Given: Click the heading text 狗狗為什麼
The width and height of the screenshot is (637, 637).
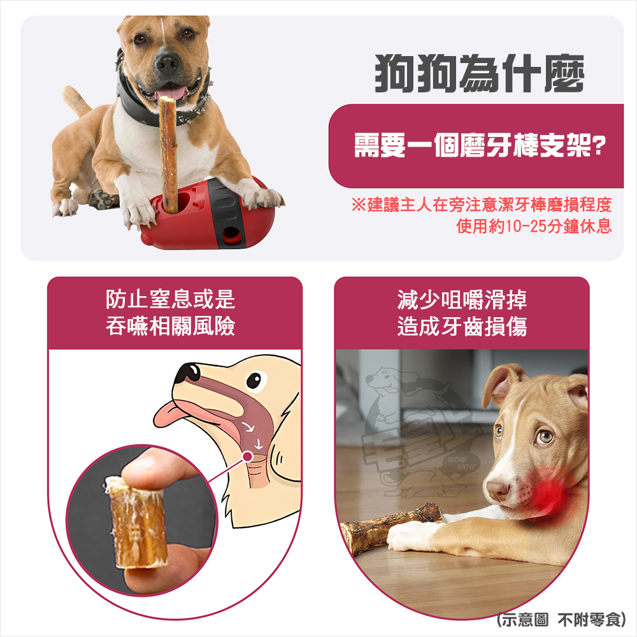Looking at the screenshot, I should (478, 74).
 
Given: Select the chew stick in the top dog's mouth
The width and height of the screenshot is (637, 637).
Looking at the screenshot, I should (169, 153).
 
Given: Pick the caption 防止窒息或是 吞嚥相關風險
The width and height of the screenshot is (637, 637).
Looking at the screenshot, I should (171, 312).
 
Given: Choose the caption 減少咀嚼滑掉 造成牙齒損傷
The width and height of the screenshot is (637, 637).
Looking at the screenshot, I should (462, 312).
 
